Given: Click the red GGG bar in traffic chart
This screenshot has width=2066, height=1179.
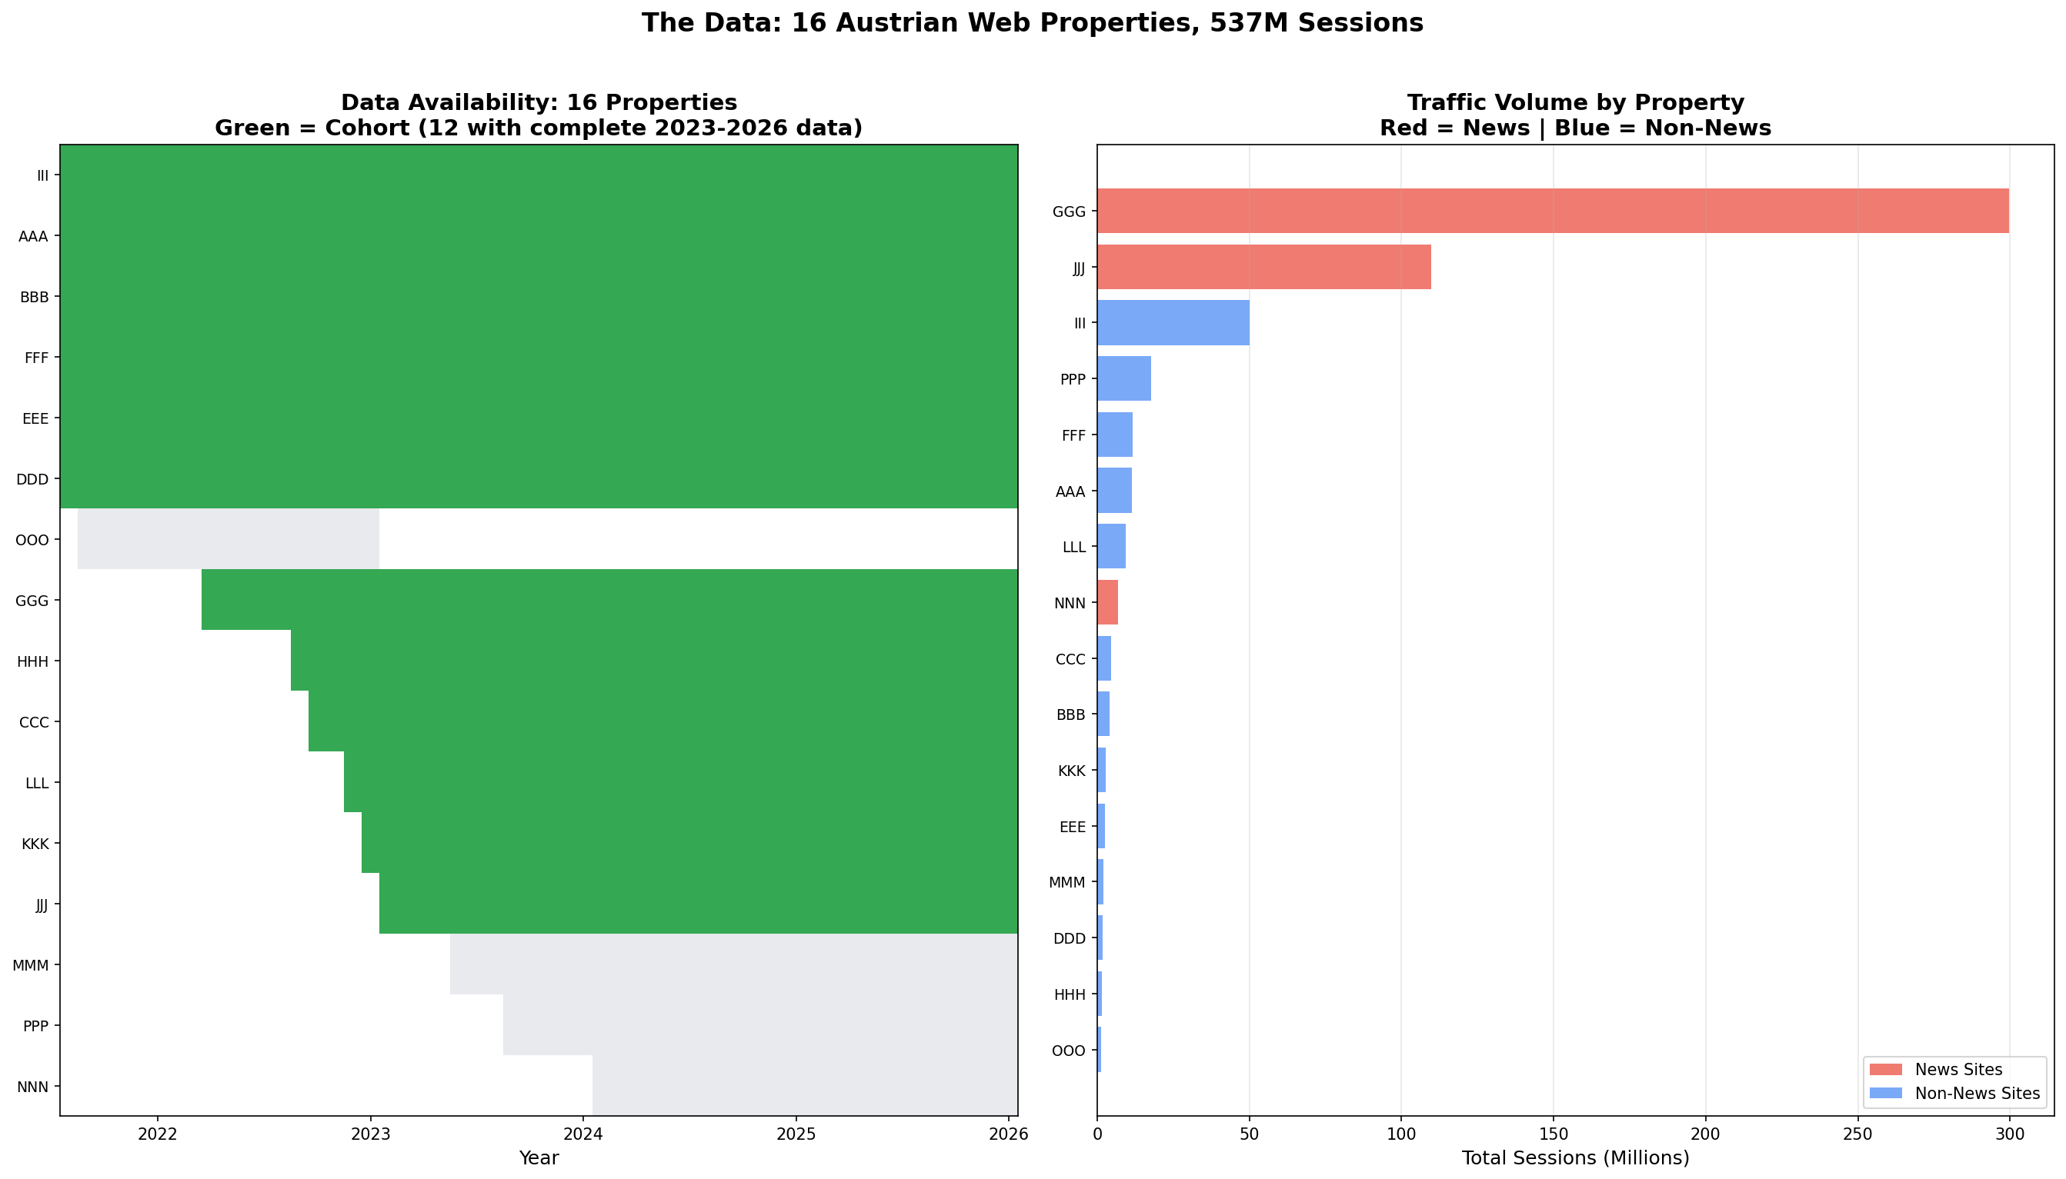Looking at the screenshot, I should click(x=1552, y=211).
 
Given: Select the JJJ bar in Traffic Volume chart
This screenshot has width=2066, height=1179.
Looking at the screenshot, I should click(x=1263, y=267).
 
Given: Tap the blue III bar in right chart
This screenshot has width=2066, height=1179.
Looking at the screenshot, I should click(x=1173, y=323).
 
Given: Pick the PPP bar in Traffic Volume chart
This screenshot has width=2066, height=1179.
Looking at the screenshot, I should click(x=1123, y=379).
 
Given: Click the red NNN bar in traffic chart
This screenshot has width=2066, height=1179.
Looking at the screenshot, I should click(x=1107, y=602).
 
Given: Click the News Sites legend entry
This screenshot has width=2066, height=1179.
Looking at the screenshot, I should click(x=1958, y=1070).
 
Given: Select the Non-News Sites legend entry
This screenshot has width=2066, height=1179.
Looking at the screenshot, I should click(x=1976, y=1094).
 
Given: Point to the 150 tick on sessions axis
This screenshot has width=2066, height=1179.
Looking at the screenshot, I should click(x=1553, y=1134).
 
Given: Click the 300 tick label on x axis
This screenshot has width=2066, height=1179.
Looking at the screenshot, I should click(x=2008, y=1134).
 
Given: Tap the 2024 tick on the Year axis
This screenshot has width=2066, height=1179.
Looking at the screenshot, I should click(x=583, y=1134).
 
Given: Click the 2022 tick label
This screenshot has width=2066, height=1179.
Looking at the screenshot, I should click(x=157, y=1134).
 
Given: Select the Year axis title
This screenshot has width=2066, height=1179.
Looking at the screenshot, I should click(x=539, y=1158).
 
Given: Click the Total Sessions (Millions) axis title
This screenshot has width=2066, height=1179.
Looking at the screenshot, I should click(x=1574, y=1158).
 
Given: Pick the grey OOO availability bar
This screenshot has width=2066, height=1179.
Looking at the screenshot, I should click(x=228, y=539).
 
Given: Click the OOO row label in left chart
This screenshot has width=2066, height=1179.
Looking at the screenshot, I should click(x=32, y=540).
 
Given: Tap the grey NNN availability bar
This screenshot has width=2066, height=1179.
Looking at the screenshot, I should click(x=804, y=1086).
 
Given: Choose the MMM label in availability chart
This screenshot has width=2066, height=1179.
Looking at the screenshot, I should click(x=31, y=965).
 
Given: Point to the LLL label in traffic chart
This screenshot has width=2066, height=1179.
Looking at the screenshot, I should click(x=1073, y=548).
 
